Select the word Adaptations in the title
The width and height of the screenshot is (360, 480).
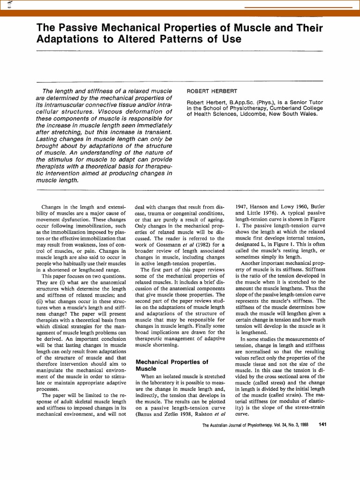[66, 39]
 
